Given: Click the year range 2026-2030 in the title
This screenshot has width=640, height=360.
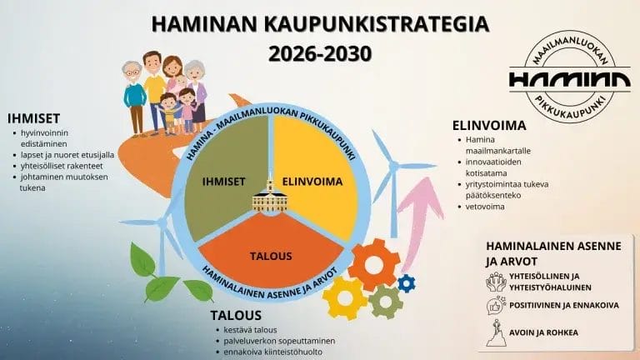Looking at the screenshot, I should pos(320,52).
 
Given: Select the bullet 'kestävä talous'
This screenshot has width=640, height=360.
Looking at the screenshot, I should pos(251,330).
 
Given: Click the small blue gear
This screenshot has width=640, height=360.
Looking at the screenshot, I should pos(407,282).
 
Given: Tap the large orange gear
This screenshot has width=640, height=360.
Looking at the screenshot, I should pos(373,263).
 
